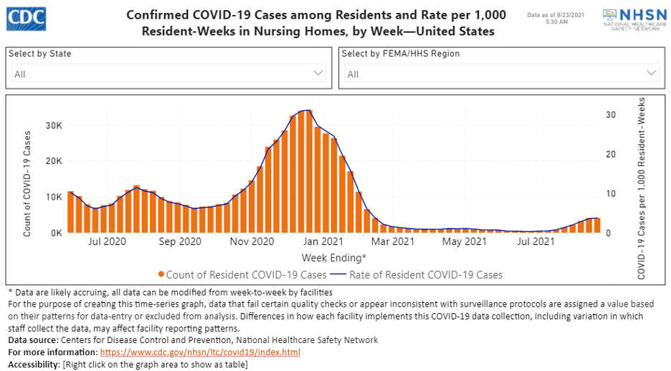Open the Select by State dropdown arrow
(x=319, y=73)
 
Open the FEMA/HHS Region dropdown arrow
(x=652, y=73)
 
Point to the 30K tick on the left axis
(x=54, y=125)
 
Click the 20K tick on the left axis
(x=54, y=160)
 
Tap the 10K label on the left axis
(x=54, y=197)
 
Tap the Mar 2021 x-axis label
(x=393, y=242)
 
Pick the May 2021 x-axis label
(x=465, y=242)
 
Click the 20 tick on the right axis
(x=611, y=154)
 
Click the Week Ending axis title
(x=333, y=257)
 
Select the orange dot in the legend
(x=162, y=275)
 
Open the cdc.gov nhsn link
(x=200, y=353)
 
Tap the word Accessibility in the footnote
(x=33, y=365)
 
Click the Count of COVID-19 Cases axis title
(x=27, y=183)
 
